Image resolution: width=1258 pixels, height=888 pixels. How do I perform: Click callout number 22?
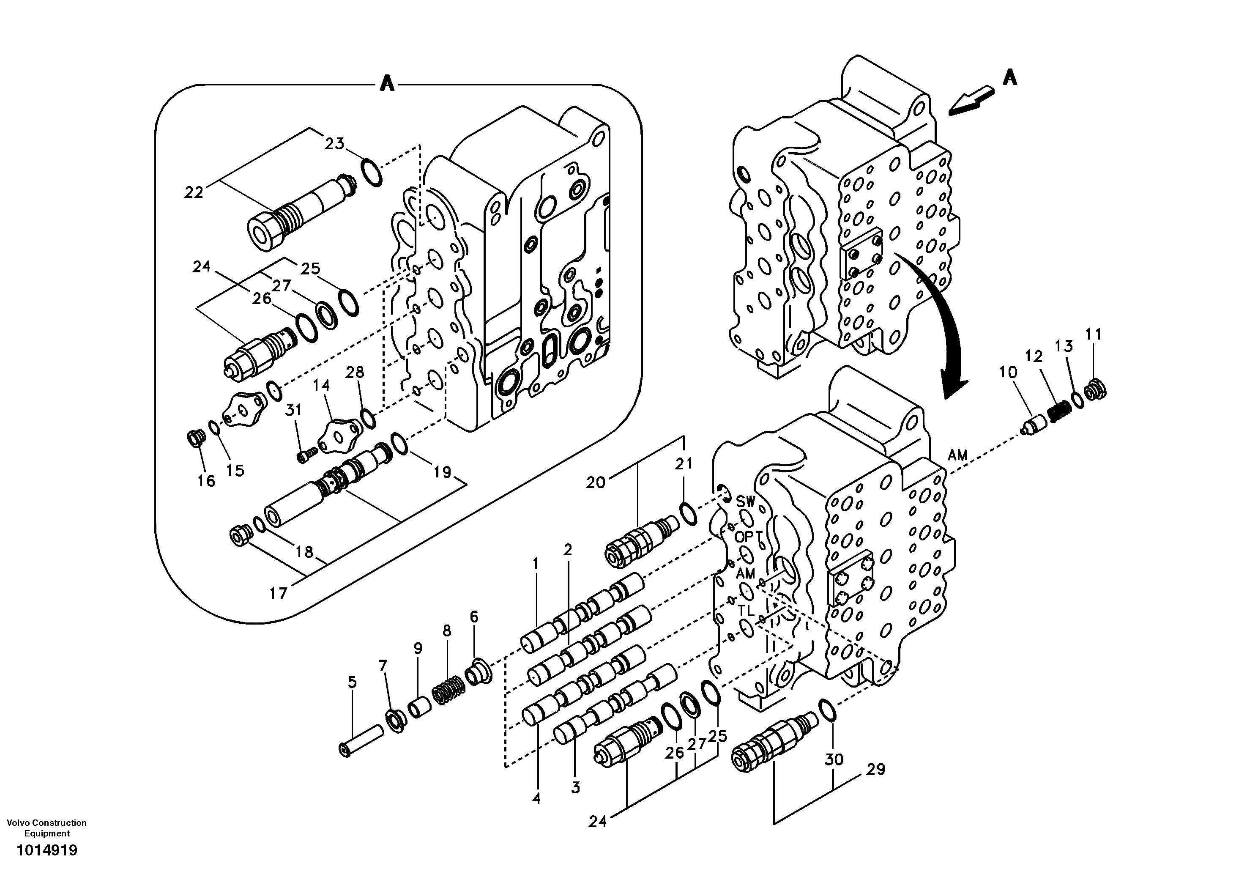(x=194, y=192)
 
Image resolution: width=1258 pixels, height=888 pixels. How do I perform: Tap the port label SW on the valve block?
(x=745, y=501)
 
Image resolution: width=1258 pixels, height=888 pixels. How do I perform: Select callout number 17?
(x=278, y=593)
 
